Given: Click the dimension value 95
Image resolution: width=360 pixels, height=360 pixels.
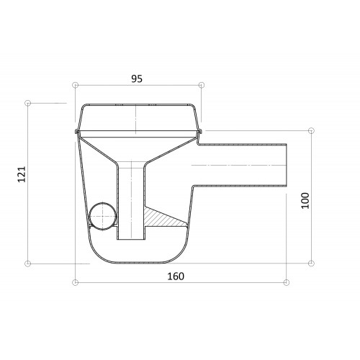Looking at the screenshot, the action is point(137,78).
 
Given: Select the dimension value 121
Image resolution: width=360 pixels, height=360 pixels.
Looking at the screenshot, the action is point(22,174).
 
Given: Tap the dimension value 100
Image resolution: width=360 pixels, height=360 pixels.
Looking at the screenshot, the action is point(305,201).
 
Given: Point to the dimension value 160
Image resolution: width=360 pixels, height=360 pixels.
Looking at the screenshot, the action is point(176,276).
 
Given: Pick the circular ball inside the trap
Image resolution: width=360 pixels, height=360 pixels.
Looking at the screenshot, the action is point(102,216).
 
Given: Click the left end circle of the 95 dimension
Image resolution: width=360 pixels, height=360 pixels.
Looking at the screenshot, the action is point(76,85).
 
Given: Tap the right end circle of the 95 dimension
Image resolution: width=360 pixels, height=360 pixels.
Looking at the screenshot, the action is point(202,85).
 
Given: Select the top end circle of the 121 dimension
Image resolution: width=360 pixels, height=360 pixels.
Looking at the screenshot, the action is point(28,103).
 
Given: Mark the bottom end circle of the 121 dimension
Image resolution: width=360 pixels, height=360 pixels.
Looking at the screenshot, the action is point(28,264).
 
